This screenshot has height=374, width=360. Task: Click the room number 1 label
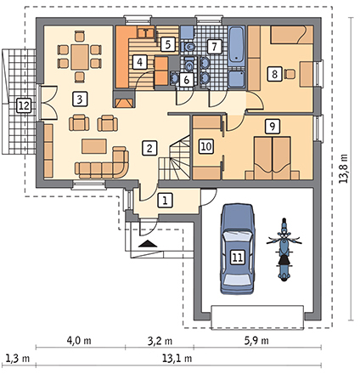pyautogui.click(x=166, y=201)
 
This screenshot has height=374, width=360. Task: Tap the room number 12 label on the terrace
pyautogui.click(x=24, y=105)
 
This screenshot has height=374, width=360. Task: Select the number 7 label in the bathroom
pyautogui.click(x=214, y=47)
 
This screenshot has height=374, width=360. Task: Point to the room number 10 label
pyautogui.click(x=206, y=146)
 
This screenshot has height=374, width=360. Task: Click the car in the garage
pyautogui.click(x=237, y=249)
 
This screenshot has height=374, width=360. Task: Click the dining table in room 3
pyautogui.click(x=80, y=57)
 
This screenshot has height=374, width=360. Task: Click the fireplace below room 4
pyautogui.click(x=124, y=99)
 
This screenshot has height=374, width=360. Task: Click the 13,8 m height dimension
pyautogui.click(x=344, y=168)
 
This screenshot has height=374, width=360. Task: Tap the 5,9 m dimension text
pyautogui.click(x=256, y=341)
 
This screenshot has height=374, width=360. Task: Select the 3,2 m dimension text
pyautogui.click(x=160, y=341)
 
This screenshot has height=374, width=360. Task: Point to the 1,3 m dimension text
pyautogui.click(x=18, y=359)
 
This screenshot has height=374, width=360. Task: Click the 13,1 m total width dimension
pyautogui.click(x=177, y=359)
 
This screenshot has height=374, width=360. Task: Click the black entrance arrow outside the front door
pyautogui.click(x=148, y=244)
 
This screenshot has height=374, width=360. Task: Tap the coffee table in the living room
pyautogui.click(x=94, y=146)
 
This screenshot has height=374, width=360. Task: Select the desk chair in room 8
pyautogui.click(x=290, y=74)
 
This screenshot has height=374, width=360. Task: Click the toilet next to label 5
pyautogui.click(x=188, y=47)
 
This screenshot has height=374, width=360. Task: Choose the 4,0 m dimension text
pyautogui.click(x=79, y=341)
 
